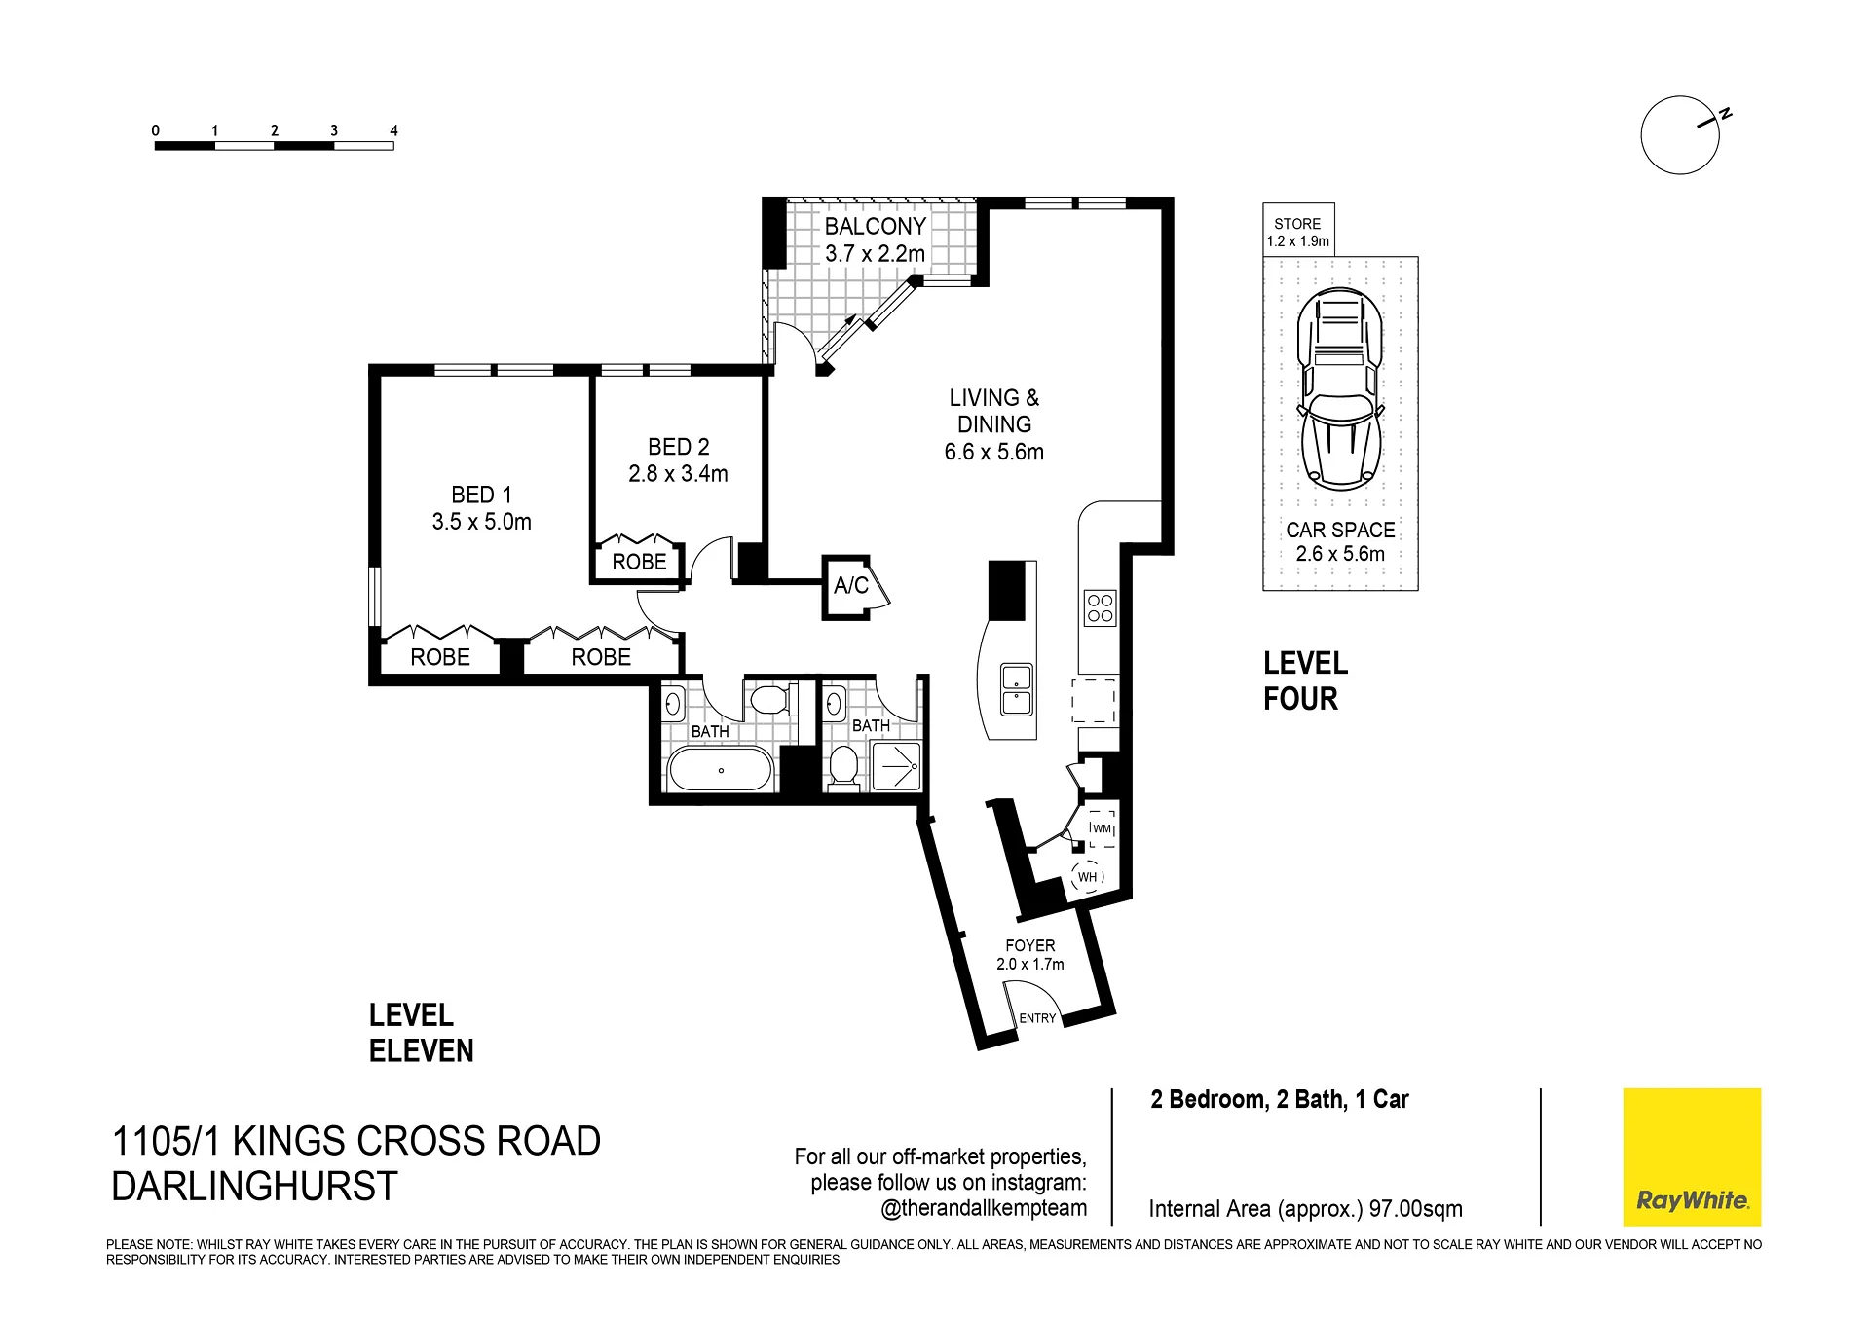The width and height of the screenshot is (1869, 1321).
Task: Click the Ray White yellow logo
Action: (x=1692, y=1156)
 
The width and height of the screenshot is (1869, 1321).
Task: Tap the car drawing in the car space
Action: (x=1340, y=390)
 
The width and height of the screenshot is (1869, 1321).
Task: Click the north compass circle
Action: (x=1679, y=135)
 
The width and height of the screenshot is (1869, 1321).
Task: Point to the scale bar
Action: (x=274, y=146)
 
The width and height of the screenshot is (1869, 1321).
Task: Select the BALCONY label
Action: (x=875, y=227)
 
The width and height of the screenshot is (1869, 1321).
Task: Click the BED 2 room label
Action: (x=678, y=447)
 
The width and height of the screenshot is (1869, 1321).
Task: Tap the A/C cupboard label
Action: (x=850, y=585)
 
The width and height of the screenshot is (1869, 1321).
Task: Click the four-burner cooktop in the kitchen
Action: (x=1100, y=608)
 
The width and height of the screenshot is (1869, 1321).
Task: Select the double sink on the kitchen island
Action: (x=1016, y=689)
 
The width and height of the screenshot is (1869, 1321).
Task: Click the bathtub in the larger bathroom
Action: (x=721, y=770)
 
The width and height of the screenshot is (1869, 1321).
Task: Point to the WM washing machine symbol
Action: (x=1102, y=828)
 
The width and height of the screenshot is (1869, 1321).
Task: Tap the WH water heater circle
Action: (x=1088, y=877)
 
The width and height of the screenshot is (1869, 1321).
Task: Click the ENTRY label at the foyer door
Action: (x=1037, y=1018)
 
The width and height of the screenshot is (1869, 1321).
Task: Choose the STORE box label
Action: (x=1297, y=224)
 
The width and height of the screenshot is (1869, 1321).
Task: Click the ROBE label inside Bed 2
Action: (x=639, y=562)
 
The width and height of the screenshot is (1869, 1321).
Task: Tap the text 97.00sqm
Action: (x=1415, y=1209)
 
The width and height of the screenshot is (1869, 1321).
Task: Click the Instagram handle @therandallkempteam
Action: (x=983, y=1209)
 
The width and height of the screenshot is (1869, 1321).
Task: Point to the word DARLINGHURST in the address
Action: (x=255, y=1186)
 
